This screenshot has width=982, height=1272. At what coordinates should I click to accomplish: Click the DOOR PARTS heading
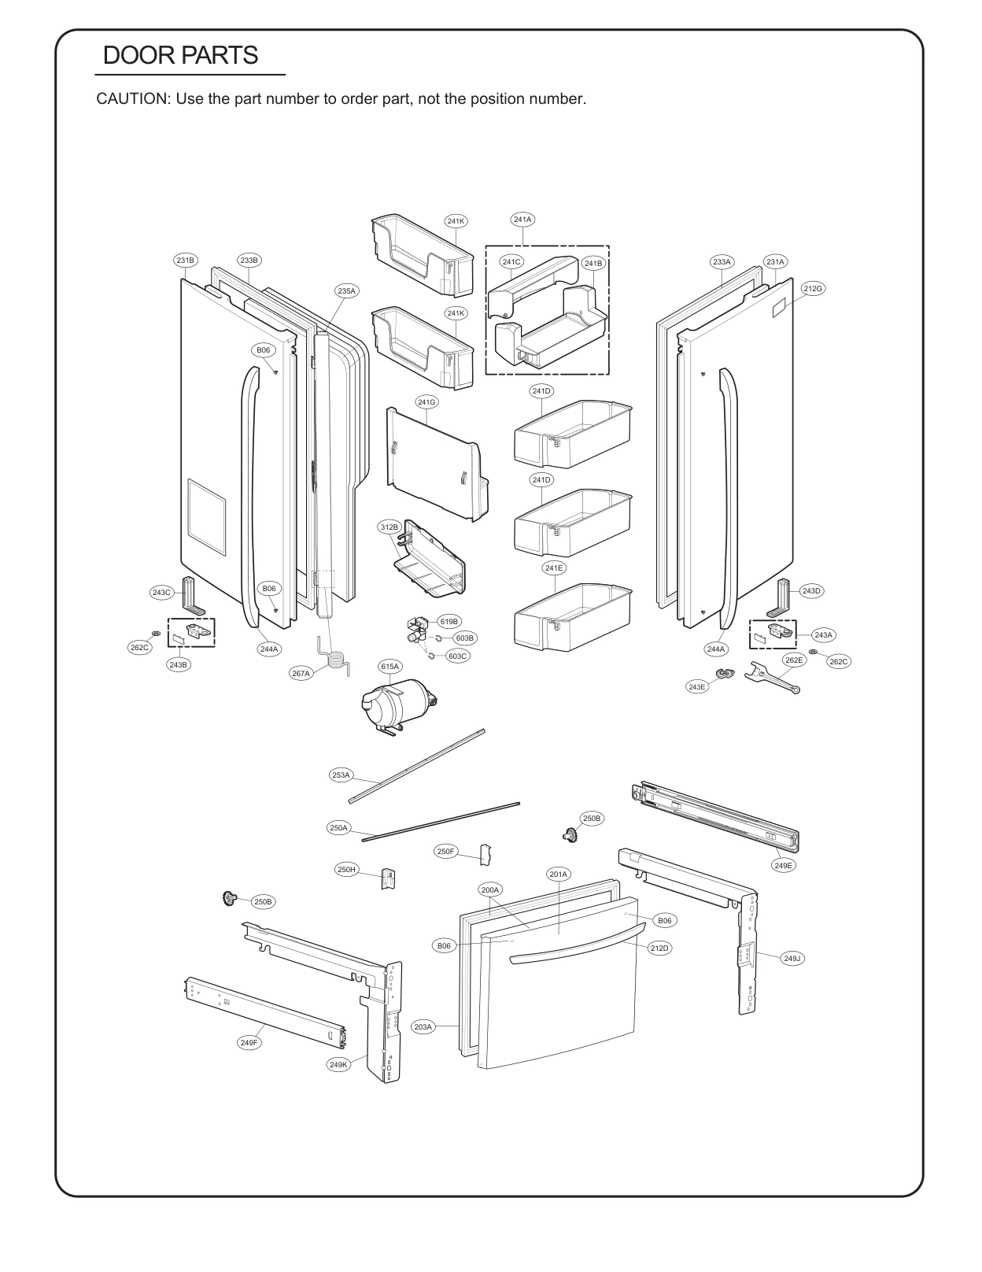pyautogui.click(x=180, y=55)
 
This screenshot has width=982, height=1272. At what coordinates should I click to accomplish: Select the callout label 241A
pyautogui.click(x=522, y=220)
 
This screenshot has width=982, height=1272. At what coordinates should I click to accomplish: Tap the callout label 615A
pyautogui.click(x=390, y=666)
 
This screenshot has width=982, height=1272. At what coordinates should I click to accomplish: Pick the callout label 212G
pyautogui.click(x=813, y=289)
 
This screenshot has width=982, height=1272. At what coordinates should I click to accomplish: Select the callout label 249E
pyautogui.click(x=784, y=864)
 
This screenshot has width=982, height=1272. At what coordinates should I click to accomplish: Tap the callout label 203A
pyautogui.click(x=423, y=1026)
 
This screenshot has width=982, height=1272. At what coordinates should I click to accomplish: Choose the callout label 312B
pyautogui.click(x=389, y=527)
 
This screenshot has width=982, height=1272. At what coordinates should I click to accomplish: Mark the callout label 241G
pyautogui.click(x=427, y=402)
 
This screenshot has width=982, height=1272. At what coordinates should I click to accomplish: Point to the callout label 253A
pyautogui.click(x=341, y=775)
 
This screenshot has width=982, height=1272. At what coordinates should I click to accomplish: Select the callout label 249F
pyautogui.click(x=249, y=1042)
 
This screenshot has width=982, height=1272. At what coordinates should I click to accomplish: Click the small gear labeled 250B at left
pyautogui.click(x=230, y=898)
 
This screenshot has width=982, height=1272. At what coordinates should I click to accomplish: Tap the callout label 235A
pyautogui.click(x=347, y=290)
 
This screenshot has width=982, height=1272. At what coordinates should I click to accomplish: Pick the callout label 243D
pyautogui.click(x=812, y=590)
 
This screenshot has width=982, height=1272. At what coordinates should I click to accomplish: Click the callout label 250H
pyautogui.click(x=347, y=870)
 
